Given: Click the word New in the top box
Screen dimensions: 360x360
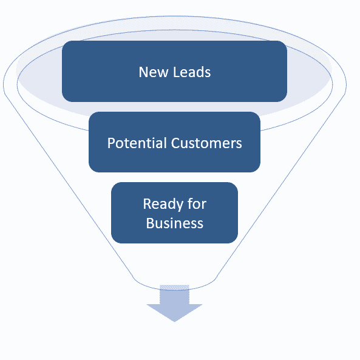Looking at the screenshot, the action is (154, 72).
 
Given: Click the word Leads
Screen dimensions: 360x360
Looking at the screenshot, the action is (192, 72).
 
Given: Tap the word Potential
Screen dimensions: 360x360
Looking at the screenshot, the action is (137, 143).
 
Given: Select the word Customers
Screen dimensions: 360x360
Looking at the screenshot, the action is (206, 143).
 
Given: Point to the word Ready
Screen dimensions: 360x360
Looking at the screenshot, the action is (163, 204).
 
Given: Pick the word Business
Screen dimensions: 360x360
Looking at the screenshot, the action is (175, 223).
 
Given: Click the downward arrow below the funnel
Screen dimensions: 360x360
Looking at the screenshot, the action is (174, 303).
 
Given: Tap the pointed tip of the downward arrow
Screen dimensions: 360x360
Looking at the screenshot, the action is (174, 322).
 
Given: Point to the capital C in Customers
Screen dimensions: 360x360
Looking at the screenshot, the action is (175, 143).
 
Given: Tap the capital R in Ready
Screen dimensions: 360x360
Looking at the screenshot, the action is (147, 203).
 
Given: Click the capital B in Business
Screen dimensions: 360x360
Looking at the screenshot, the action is (150, 223).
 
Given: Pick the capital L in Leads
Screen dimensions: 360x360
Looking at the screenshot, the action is (176, 72).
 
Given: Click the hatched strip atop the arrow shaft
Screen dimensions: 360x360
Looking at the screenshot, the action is (174, 287).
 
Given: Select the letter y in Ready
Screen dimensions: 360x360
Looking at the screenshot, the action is (179, 206).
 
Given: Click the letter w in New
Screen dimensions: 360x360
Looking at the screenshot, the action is (163, 73).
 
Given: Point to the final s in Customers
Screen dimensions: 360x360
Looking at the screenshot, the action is (239, 144).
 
